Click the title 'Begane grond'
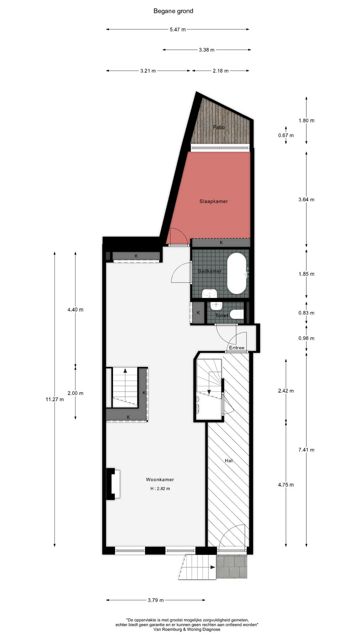(173, 11)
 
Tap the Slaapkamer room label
(213, 201)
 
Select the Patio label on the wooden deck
(219, 127)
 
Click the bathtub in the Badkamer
(237, 273)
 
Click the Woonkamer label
(160, 480)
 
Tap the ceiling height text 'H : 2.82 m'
(160, 489)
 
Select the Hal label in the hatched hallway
(229, 460)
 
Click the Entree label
(236, 348)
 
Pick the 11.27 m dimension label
(55, 399)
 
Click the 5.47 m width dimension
(178, 30)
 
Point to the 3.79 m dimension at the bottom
(156, 600)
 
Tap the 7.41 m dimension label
(306, 450)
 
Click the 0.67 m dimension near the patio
(286, 135)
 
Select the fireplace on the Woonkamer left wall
(113, 484)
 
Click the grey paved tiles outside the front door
(232, 567)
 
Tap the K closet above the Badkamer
(221, 242)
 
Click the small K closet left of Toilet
(198, 313)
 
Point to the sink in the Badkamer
(210, 294)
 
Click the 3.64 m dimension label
(306, 199)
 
